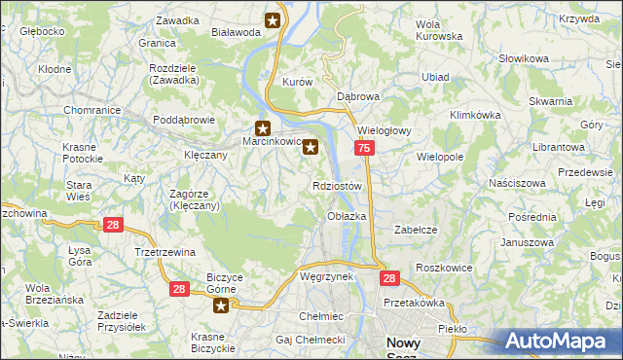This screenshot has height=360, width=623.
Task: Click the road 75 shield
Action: click(x=363, y=148)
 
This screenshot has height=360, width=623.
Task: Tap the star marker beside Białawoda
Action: click(x=273, y=19)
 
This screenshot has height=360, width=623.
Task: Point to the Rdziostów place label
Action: click(x=338, y=186)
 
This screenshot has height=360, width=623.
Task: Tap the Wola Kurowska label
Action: click(x=438, y=30)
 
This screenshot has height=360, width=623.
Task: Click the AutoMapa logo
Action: click(x=562, y=341)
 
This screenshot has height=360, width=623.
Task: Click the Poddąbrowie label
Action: click(x=184, y=121)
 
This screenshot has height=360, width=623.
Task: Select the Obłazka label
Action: click(x=347, y=216)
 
